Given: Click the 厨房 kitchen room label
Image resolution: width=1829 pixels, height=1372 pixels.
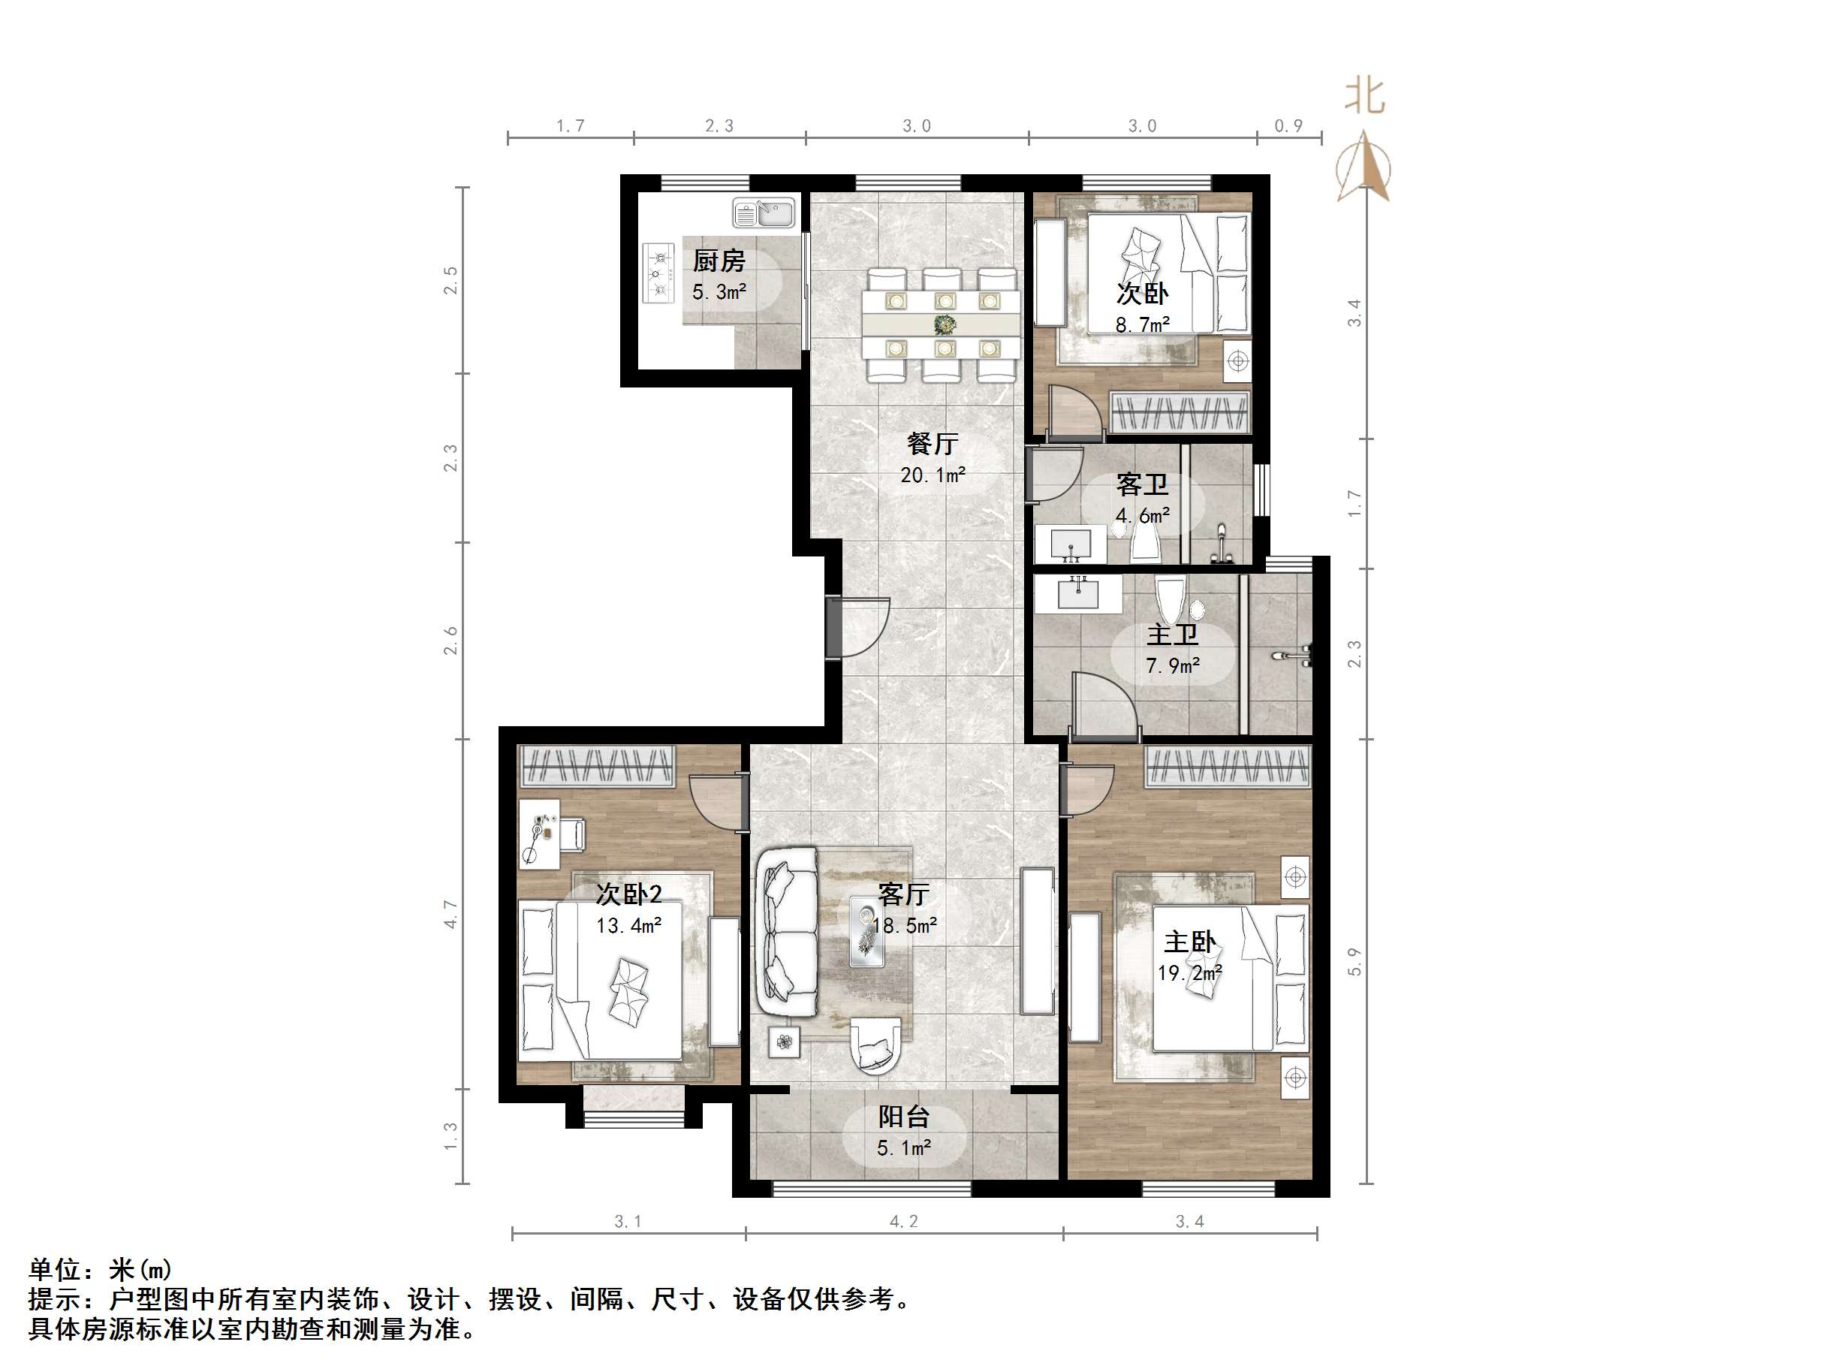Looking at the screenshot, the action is [719, 261].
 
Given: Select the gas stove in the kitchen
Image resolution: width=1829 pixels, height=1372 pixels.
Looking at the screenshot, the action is [658, 273].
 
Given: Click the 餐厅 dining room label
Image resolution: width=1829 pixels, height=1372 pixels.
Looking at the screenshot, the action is [932, 443].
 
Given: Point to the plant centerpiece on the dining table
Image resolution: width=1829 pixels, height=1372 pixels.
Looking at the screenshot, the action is [944, 324].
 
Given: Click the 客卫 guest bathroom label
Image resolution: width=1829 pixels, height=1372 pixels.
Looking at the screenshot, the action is [1142, 484].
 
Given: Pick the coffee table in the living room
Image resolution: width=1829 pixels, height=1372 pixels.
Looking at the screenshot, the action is [866, 932].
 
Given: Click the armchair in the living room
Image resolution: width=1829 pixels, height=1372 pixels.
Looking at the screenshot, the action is [875, 1046].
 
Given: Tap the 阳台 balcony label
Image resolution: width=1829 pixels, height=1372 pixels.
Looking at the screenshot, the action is [904, 1117].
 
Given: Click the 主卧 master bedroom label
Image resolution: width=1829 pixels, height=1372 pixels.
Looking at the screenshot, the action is [1190, 941].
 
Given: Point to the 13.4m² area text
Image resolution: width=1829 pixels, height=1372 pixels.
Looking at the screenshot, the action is [628, 925].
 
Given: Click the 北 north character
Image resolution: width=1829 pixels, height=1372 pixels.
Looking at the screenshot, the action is [1364, 96].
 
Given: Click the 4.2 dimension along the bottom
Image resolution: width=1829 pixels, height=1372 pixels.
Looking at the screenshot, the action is [904, 1220].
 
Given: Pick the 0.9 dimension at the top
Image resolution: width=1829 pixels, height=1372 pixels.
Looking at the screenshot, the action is [1288, 125].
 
